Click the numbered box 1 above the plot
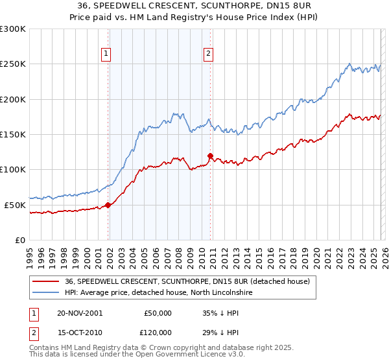click(x=106, y=54)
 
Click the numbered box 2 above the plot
click(x=208, y=54)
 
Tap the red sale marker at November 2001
click(x=108, y=205)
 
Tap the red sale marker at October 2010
click(x=210, y=156)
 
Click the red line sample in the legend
click(x=45, y=281)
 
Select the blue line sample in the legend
click(x=45, y=293)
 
